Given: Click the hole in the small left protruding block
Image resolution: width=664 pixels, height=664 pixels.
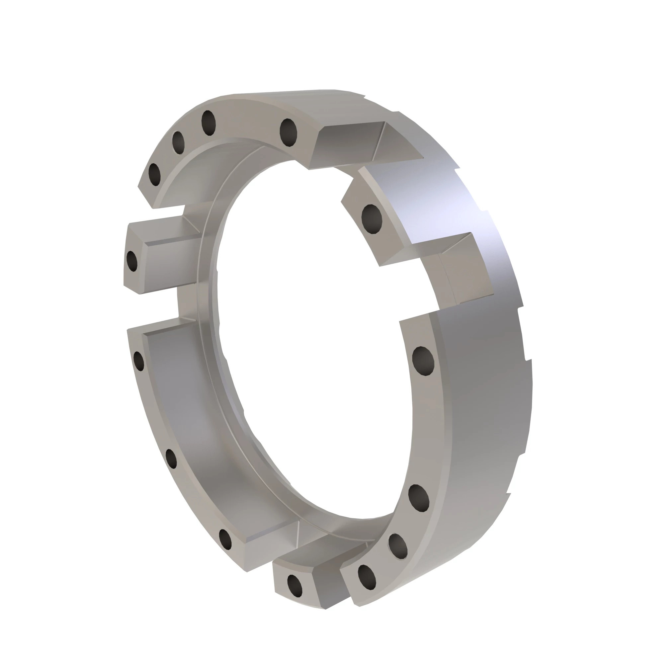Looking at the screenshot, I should click(132, 261).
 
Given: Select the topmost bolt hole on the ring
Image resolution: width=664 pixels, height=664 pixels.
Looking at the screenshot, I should click(208, 123).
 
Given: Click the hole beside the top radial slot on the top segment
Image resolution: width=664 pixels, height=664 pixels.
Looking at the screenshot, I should click(288, 132).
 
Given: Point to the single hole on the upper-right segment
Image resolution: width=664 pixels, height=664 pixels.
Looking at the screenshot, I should click(372, 218).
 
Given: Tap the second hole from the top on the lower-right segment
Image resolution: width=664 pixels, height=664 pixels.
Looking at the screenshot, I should click(419, 498).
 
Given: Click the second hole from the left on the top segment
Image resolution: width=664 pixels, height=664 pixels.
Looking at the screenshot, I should click(178, 142).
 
